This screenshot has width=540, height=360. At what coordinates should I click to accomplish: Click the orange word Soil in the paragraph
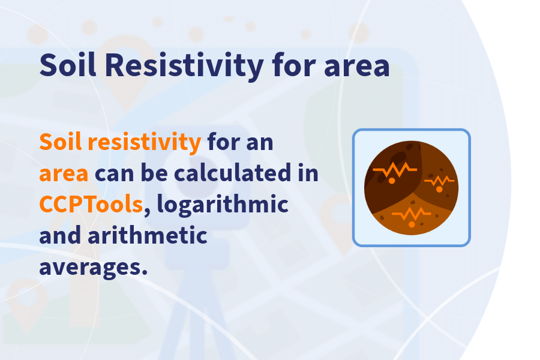[60, 143]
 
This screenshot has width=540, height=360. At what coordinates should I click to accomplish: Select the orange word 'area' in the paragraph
[64, 174]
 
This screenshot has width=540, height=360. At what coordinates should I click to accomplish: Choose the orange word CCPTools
[91, 205]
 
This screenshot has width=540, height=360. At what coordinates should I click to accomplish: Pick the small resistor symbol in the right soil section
[439, 180]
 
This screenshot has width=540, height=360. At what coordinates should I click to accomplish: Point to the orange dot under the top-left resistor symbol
[391, 180]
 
